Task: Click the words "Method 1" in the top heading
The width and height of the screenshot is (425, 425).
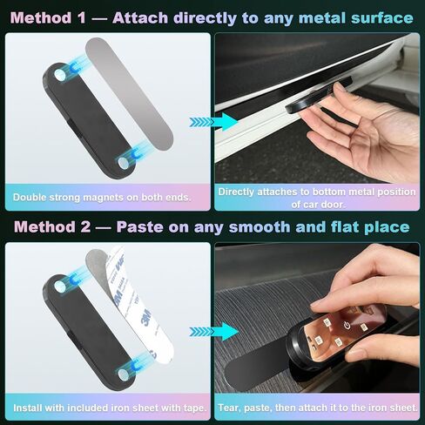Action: [x=48, y=17]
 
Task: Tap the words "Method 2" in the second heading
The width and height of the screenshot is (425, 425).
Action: [x=52, y=226]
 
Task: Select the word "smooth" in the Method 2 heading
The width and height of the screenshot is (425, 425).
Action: [x=260, y=226]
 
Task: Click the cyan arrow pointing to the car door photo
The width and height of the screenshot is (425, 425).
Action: [x=213, y=122]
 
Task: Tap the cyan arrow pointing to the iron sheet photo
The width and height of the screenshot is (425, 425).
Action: [x=214, y=332]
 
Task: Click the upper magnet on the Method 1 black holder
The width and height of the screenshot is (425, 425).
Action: [x=60, y=75]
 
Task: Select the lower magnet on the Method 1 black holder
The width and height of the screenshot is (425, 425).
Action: [x=123, y=163]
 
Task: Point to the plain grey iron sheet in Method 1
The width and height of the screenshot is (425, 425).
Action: [x=130, y=93]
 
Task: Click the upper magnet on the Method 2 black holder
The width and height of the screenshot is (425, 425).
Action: [x=60, y=287]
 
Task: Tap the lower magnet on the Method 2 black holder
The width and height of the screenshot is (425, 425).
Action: [x=123, y=374]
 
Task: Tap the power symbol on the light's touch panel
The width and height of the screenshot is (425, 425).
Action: [x=347, y=326]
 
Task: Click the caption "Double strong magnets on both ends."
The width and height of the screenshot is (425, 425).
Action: [x=102, y=198]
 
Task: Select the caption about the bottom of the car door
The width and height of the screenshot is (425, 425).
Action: [x=317, y=198]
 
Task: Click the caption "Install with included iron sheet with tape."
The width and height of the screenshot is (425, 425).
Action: [x=110, y=408]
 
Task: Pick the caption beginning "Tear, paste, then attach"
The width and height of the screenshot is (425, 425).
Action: [x=318, y=408]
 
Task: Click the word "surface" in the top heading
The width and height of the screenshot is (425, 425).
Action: [x=382, y=17]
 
